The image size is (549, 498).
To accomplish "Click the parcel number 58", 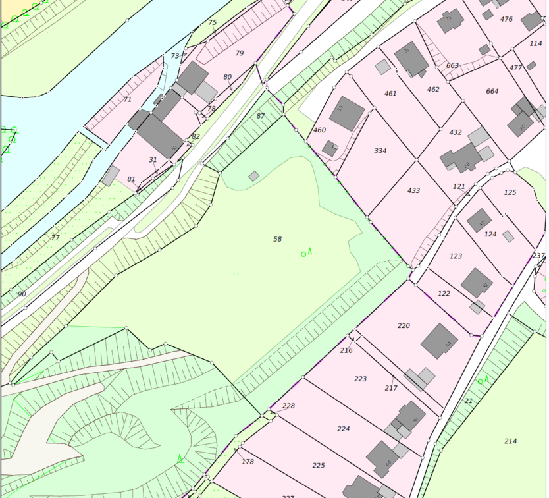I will (277, 238).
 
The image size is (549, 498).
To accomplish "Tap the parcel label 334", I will (380, 151).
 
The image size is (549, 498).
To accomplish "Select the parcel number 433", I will (413, 190).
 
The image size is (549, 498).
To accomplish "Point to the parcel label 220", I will (404, 325).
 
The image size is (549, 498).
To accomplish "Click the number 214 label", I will (510, 441).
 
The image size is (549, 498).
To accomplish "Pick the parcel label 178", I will (248, 462).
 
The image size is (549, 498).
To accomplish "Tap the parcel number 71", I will (128, 99).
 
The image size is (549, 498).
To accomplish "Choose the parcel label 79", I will (239, 53).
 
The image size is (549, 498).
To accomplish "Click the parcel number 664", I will (492, 91).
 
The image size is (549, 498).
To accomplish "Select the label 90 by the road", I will (22, 294).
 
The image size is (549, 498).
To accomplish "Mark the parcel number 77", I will (55, 238).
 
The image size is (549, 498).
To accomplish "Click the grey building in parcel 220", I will (439, 341).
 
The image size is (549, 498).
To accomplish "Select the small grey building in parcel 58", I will (253, 176).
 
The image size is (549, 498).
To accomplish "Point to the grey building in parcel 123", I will (477, 283).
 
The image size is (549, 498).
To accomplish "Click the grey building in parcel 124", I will (479, 220).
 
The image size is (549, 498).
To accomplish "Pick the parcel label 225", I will (319, 465).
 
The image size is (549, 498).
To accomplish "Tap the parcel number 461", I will (390, 94).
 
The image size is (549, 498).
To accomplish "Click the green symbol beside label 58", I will (306, 252).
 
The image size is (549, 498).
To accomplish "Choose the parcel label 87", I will (261, 116).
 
